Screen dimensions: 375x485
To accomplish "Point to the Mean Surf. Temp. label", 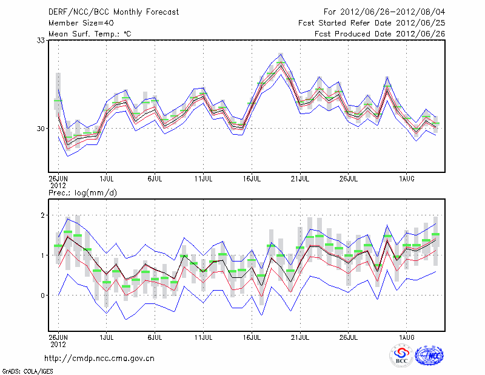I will (90, 33).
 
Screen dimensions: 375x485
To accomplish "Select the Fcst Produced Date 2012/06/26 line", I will (380, 33).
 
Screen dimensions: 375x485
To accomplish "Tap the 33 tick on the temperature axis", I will (42, 40).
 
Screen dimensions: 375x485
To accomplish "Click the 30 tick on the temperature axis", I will (42, 129).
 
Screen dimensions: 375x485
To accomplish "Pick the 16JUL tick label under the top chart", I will (252, 179).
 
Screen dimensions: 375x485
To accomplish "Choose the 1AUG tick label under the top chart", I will (406, 179).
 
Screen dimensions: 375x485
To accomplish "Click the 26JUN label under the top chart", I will (58, 179).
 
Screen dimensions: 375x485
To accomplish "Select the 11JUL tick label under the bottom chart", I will (204, 336).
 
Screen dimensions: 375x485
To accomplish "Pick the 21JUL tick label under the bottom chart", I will (301, 336).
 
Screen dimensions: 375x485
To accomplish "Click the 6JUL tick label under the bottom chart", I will (155, 336).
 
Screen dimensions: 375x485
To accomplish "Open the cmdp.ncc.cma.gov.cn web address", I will (99, 358).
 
